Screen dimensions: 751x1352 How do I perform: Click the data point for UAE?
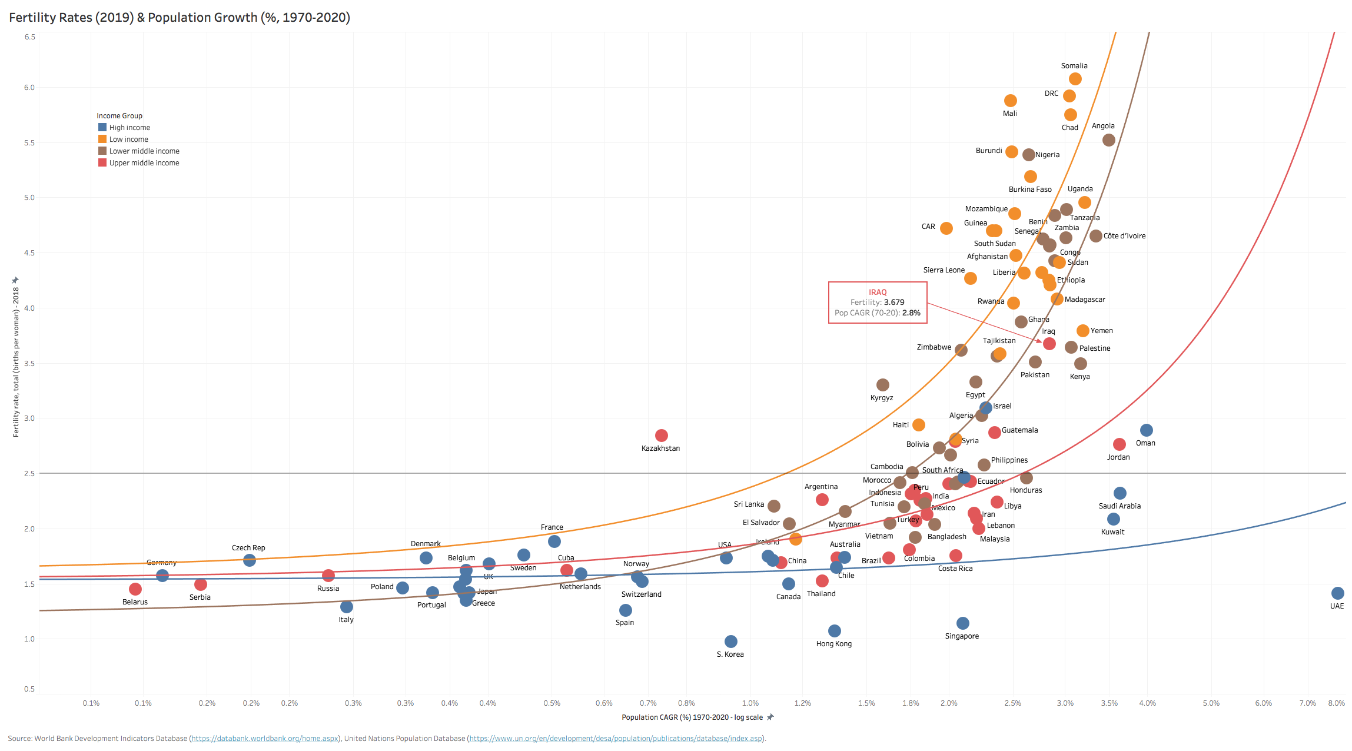pyautogui.click(x=1337, y=593)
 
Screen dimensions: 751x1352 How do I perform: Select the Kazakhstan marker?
pyautogui.click(x=661, y=436)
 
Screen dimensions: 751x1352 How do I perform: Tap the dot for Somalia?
pyautogui.click(x=1075, y=79)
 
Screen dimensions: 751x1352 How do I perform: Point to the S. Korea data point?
pyautogui.click(x=730, y=642)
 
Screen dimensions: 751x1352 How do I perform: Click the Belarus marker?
pyautogui.click(x=135, y=589)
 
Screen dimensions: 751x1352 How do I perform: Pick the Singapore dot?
pyautogui.click(x=962, y=623)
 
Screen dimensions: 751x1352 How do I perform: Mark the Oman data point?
pyautogui.click(x=1146, y=430)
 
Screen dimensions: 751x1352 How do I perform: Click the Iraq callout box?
pyautogui.click(x=878, y=303)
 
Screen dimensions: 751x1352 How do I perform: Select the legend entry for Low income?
pyautogui.click(x=128, y=139)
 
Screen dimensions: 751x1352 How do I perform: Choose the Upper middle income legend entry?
pyautogui.click(x=144, y=163)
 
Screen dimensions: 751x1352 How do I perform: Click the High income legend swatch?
pyautogui.click(x=102, y=127)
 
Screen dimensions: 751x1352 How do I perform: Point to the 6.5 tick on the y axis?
pyautogui.click(x=29, y=37)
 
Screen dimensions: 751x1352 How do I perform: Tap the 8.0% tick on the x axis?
pyautogui.click(x=1336, y=703)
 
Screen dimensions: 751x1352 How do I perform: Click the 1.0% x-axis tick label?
pyautogui.click(x=750, y=703)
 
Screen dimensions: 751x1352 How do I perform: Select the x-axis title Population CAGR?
pyautogui.click(x=692, y=717)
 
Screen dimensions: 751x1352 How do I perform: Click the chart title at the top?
pyautogui.click(x=180, y=18)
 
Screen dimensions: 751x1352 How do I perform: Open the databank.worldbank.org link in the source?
pyautogui.click(x=265, y=739)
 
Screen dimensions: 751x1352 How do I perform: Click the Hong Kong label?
pyautogui.click(x=833, y=644)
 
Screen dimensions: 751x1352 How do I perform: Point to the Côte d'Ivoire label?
pyautogui.click(x=1124, y=236)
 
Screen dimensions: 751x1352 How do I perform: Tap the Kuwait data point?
pyautogui.click(x=1113, y=519)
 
